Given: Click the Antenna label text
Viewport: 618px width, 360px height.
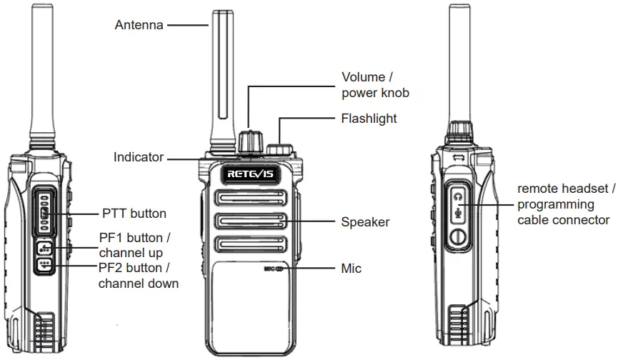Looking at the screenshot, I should coord(139,25).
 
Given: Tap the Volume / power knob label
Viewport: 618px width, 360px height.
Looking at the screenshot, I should coord(375,85).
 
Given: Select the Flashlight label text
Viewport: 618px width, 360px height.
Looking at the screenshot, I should coord(369,118).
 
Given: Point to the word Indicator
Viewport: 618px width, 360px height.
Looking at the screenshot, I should coord(139,157).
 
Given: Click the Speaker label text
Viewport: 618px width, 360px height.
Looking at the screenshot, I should coord(365,222).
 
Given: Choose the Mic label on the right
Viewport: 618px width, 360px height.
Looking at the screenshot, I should coord(351,269).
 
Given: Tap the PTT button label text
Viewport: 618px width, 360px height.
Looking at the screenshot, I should coord(134,214).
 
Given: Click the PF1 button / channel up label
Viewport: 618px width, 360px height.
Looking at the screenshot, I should coord(134,245).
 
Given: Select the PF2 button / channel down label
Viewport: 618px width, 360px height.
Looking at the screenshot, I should coord(138,276).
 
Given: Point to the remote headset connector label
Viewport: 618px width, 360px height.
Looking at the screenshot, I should coord(566,204).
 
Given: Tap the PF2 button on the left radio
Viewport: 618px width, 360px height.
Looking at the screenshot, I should coord(45,266).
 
